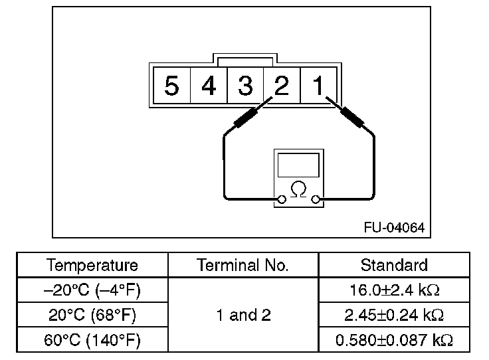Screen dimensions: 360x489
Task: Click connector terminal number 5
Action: (172, 86)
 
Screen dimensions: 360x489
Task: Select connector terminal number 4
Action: (209, 86)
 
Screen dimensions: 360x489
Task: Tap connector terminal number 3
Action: (245, 86)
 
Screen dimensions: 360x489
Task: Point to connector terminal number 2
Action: (282, 86)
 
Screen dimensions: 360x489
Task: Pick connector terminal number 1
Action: (318, 86)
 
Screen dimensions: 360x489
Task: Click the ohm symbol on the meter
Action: (299, 189)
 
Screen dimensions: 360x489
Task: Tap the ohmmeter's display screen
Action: (299, 164)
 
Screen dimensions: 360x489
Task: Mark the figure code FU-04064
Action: (393, 226)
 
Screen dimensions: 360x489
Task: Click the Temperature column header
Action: (92, 265)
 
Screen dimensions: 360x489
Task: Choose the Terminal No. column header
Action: (243, 265)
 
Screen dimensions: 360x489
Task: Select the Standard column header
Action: (394, 265)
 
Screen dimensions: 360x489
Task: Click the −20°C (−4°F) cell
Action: (92, 290)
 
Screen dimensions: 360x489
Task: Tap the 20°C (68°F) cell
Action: (92, 315)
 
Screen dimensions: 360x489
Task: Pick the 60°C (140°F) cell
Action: (92, 340)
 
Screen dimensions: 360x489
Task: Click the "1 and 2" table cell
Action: (243, 315)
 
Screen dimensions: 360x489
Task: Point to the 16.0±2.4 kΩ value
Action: (394, 290)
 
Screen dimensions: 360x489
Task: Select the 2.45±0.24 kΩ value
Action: (394, 315)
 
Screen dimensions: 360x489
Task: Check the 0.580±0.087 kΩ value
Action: (394, 340)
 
